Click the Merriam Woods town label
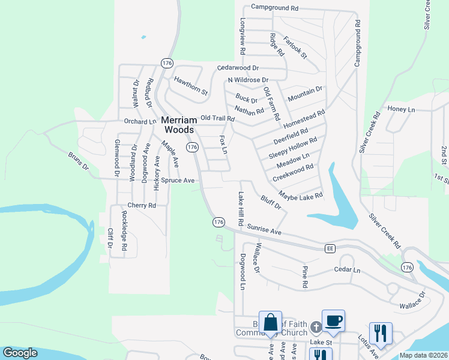point(178,125)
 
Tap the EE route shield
point(330,248)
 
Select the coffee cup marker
point(333,321)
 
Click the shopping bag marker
point(270,322)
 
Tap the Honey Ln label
point(401,109)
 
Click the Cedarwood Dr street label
point(238,68)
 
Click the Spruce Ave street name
point(177,180)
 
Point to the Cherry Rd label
point(142,205)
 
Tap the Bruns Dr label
point(78,162)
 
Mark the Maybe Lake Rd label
point(301,195)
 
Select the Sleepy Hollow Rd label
point(292,148)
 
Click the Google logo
point(20,353)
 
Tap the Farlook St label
point(295,47)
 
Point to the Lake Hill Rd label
point(241,209)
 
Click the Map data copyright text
point(423,355)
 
